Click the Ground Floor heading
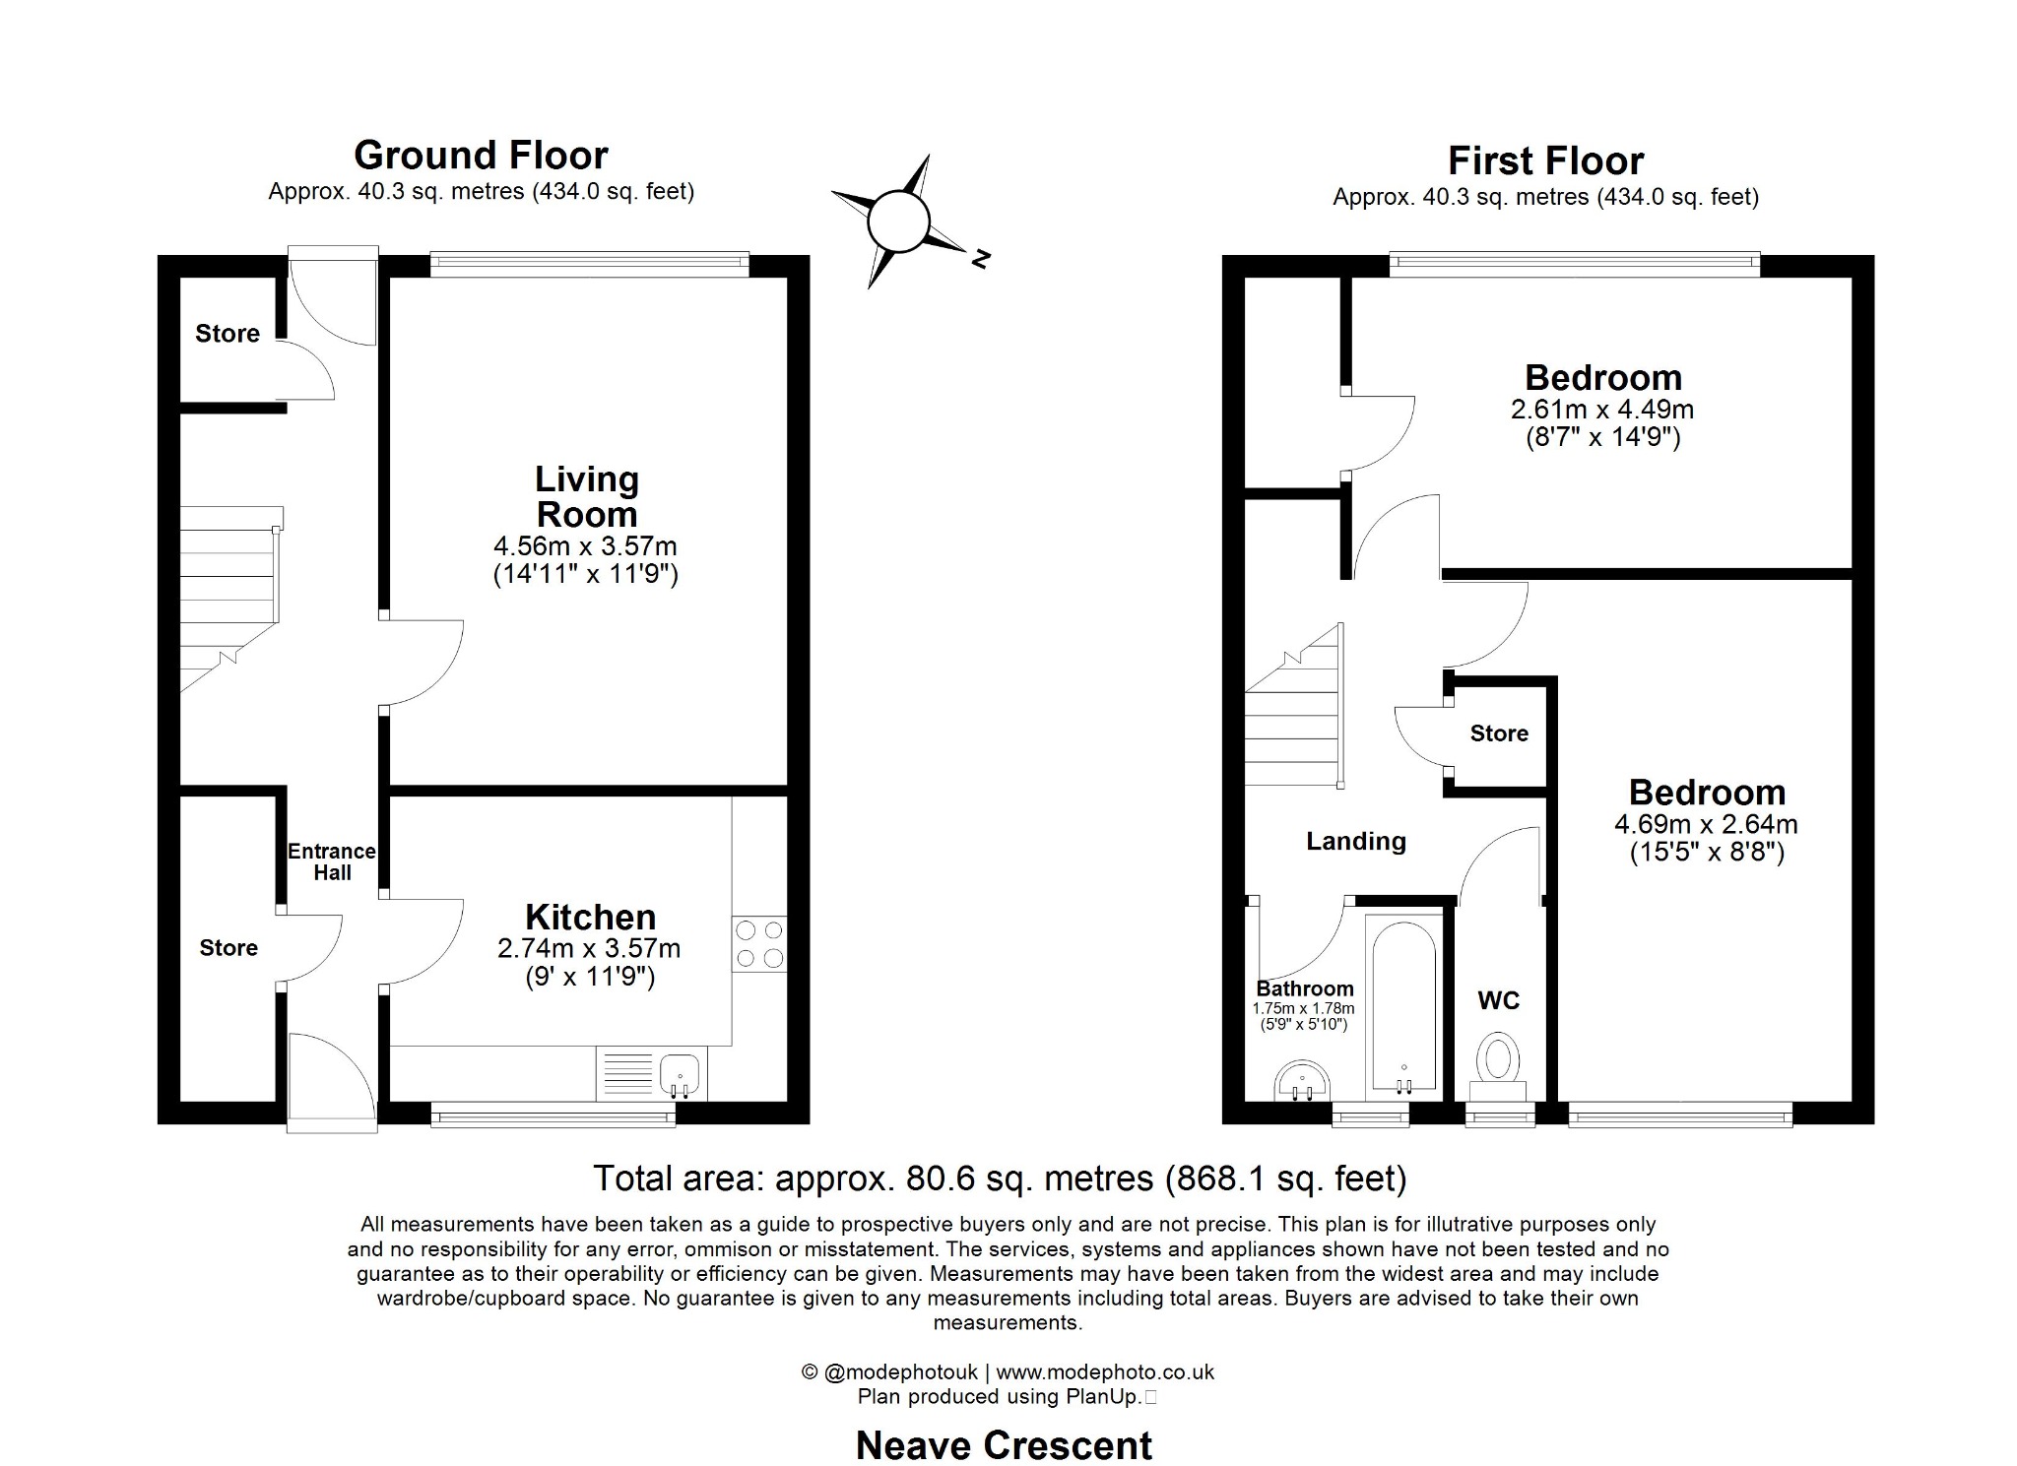point(481,156)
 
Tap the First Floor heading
point(1545,161)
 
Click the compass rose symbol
point(898,222)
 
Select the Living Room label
point(587,497)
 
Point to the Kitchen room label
point(590,918)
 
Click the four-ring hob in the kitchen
point(759,943)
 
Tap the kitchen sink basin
point(680,1072)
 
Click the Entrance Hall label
point(332,861)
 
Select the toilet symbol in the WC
point(1498,1061)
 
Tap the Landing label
point(1356,841)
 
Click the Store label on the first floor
point(1499,733)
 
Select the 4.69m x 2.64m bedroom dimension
point(1706,824)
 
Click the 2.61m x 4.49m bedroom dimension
point(1602,409)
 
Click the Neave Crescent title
point(1004,1445)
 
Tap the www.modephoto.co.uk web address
point(1105,1371)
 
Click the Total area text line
point(1000,1178)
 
